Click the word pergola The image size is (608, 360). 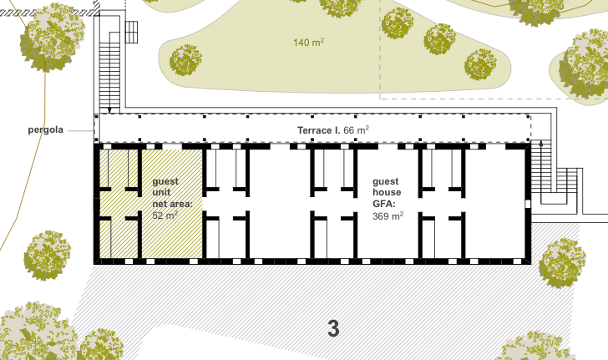[x=45, y=130]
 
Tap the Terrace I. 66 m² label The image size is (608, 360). [x=333, y=130]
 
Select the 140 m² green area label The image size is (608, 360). [x=309, y=42]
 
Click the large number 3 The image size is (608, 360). [x=333, y=328]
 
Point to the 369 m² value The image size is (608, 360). [x=388, y=215]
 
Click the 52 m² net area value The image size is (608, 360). [x=165, y=215]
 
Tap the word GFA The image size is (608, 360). [x=384, y=204]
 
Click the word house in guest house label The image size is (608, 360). [x=387, y=192]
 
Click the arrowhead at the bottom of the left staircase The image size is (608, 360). [x=109, y=110]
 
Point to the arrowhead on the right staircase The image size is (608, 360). [x=541, y=143]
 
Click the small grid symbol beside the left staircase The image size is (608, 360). [x=131, y=32]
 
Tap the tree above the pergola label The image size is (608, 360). [x=53, y=38]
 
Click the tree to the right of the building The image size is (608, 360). [x=562, y=262]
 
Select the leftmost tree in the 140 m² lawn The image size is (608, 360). [x=185, y=60]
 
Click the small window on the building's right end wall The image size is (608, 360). [x=527, y=204]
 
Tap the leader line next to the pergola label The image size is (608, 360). [x=81, y=131]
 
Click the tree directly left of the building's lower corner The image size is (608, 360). [x=48, y=256]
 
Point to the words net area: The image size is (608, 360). [x=173, y=204]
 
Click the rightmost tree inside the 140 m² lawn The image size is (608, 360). [x=480, y=65]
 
